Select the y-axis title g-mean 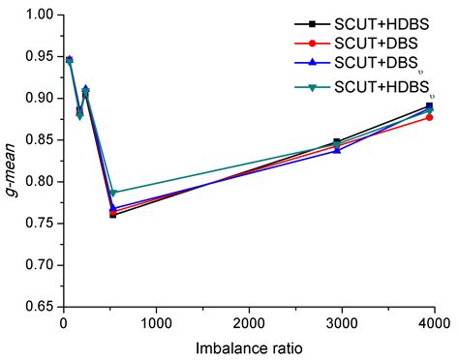point(12,160)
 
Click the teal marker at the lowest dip point(113,193)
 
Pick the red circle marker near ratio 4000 point(429,118)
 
